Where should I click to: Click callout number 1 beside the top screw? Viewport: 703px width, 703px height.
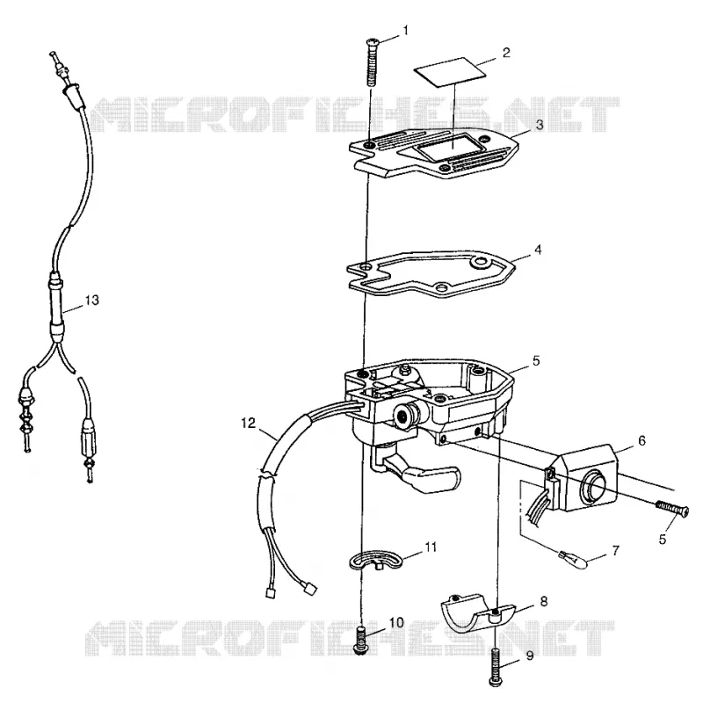406,31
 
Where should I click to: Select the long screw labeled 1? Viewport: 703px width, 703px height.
370,62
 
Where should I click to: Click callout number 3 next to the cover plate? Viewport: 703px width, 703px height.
540,125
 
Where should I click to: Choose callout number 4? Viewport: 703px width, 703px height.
538,250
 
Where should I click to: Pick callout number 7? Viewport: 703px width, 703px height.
616,550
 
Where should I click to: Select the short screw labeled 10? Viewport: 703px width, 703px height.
361,641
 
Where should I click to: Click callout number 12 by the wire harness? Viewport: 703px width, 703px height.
248,423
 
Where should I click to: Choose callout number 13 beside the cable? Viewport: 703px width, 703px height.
92,300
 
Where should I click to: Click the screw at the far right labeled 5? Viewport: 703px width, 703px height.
671,510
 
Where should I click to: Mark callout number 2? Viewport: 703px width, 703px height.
506,53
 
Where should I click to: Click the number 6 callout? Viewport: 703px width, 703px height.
641,441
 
